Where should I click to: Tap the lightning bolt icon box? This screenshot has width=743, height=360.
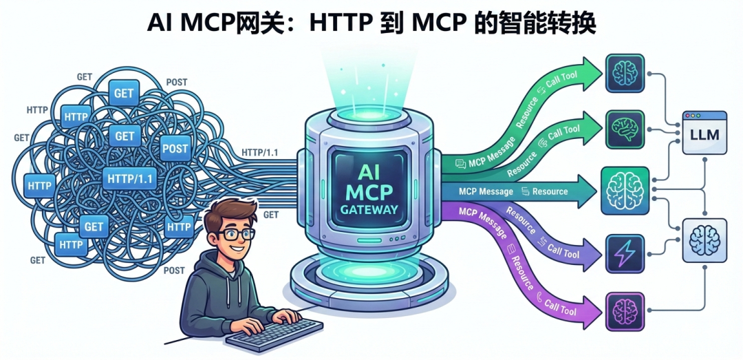(625, 252)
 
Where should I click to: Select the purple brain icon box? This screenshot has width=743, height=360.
(625, 311)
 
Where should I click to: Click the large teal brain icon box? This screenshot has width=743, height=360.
(625, 190)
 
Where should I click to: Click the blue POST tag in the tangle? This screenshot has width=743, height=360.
(175, 147)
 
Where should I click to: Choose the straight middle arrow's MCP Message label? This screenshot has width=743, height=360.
(486, 191)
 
